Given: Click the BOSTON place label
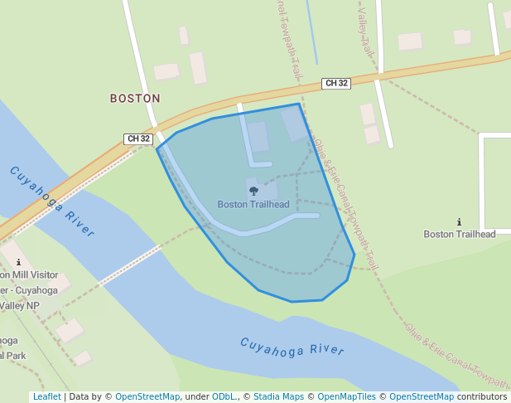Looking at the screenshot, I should click(x=135, y=98).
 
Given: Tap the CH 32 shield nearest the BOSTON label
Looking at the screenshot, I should click(x=139, y=138).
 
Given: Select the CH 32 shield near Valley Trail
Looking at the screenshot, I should click(x=336, y=83).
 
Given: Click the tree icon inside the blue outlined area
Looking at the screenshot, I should click(x=253, y=191).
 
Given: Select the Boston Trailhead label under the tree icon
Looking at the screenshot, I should click(x=253, y=204).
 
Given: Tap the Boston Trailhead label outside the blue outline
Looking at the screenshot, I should click(x=460, y=234).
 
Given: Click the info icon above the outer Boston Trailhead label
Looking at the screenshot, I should click(x=460, y=221).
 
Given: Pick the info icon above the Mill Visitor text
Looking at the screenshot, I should click(x=18, y=262).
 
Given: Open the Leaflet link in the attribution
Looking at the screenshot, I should click(x=46, y=397).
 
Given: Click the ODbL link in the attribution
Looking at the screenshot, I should click(x=224, y=397).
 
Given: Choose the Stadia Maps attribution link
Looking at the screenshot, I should click(x=278, y=397).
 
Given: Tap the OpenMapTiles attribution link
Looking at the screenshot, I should click(x=347, y=397).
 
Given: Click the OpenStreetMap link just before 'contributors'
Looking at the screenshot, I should click(x=422, y=397).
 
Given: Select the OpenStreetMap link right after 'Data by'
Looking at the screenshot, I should click(x=147, y=397).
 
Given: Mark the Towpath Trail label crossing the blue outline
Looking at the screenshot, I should click(x=347, y=207).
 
